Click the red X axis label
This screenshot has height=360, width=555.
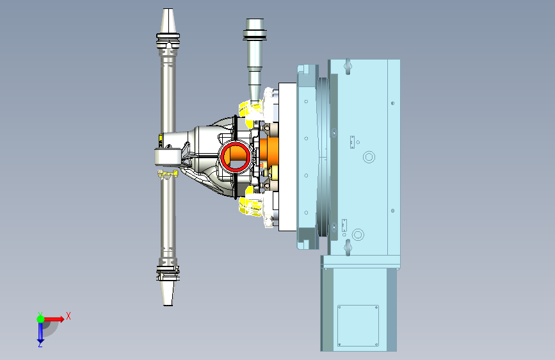point(68,316)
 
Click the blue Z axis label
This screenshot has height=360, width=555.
point(40,344)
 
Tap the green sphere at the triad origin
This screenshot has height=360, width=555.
point(41,319)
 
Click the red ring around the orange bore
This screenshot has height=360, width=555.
point(236,157)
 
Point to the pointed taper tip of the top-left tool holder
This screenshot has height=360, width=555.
point(168,10)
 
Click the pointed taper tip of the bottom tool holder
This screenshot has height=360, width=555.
point(168,304)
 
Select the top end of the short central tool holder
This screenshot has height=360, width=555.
point(255,20)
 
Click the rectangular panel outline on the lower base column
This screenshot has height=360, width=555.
point(358,325)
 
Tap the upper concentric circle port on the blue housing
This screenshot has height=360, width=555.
point(369,157)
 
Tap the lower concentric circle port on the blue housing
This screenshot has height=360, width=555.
point(358,234)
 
